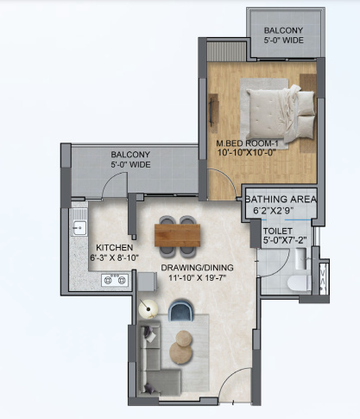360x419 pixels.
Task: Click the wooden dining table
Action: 177,233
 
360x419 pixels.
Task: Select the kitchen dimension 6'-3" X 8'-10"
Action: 112,257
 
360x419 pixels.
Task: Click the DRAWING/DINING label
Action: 196,267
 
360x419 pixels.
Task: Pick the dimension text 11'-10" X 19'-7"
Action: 196,278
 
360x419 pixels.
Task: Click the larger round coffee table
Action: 184,338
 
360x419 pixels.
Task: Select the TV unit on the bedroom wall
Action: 213,111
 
